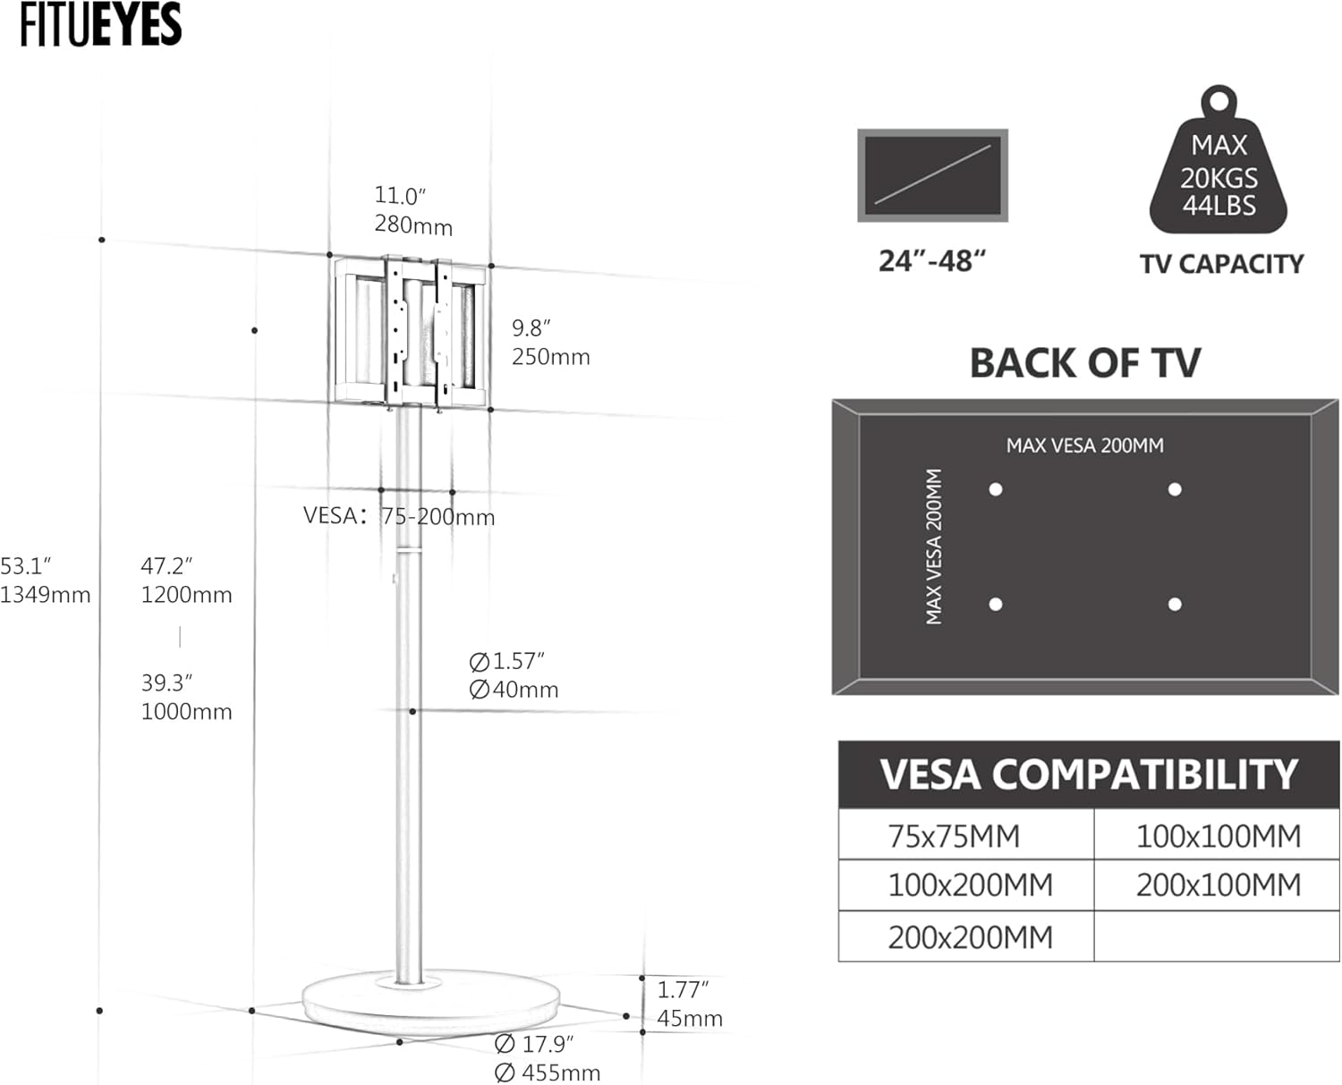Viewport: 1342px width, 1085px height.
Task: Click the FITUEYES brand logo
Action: point(101,24)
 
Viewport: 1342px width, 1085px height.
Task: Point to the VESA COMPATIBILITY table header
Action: point(1089,774)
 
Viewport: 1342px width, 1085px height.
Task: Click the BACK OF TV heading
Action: point(1085,363)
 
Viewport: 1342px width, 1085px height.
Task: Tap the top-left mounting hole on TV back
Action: point(996,489)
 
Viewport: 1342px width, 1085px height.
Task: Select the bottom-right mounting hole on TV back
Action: point(1175,605)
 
